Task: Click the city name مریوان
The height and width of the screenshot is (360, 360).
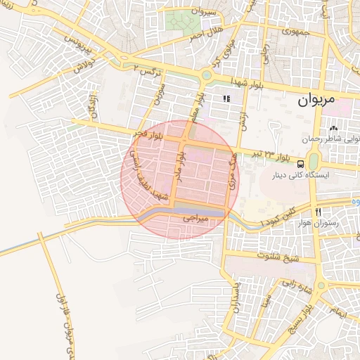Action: (322, 99)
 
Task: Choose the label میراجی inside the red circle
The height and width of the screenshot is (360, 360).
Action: (196, 220)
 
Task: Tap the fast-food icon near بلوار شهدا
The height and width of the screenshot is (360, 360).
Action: (226, 99)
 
